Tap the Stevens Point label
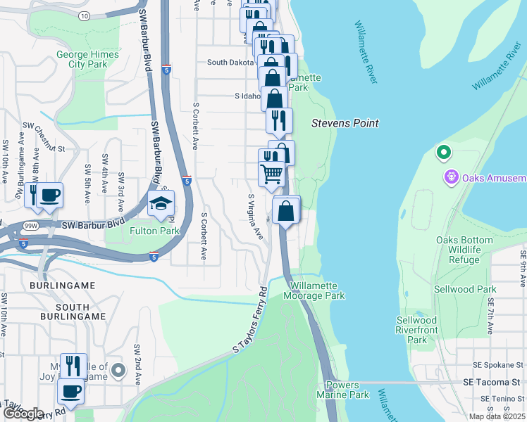(x=345, y=123)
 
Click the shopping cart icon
(x=271, y=173)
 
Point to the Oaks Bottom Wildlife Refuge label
(x=463, y=250)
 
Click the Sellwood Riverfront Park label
(x=417, y=330)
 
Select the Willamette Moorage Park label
(x=317, y=290)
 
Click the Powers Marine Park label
(x=347, y=390)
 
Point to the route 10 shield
(x=85, y=15)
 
